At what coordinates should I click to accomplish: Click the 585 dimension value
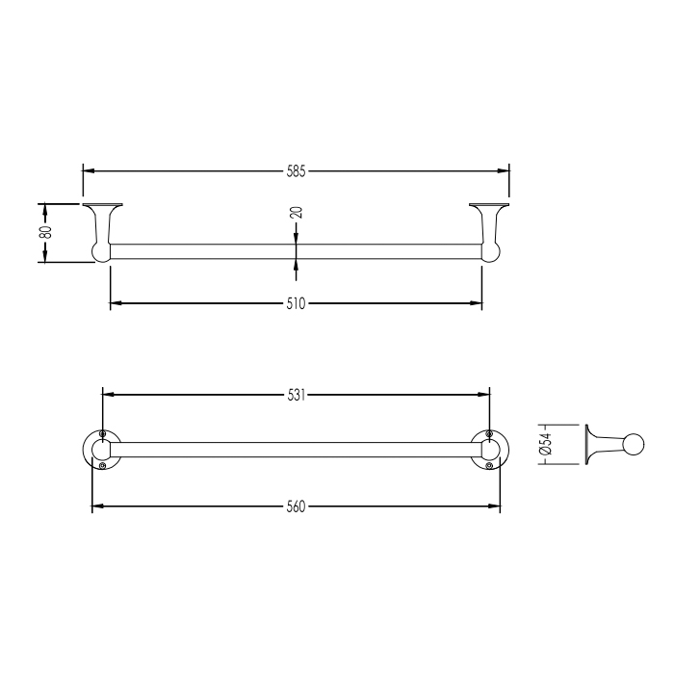click(x=296, y=171)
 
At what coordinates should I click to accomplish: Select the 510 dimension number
click(x=296, y=303)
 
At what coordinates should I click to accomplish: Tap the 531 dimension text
click(x=297, y=395)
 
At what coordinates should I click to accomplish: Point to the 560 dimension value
click(x=296, y=506)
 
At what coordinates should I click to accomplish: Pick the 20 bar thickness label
click(x=297, y=213)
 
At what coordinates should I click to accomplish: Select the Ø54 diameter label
click(x=545, y=444)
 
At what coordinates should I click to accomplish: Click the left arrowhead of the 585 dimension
click(x=89, y=170)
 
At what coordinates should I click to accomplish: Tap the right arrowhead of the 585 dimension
click(x=504, y=170)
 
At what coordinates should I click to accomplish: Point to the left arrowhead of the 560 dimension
click(x=97, y=505)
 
